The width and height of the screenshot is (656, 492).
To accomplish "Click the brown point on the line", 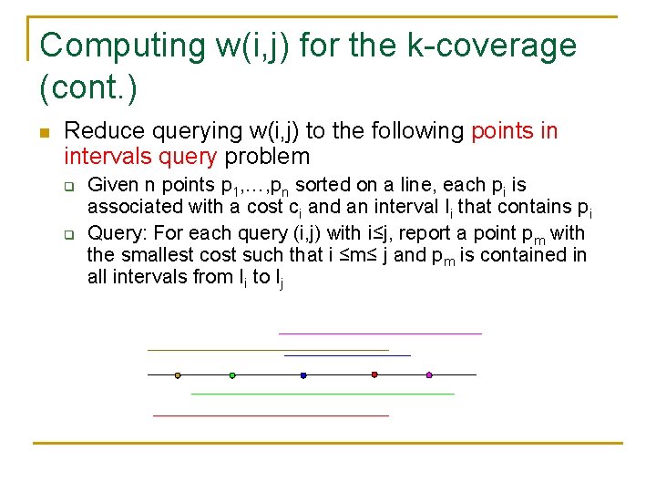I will coord(178,374).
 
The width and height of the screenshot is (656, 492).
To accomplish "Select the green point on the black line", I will coord(232,374).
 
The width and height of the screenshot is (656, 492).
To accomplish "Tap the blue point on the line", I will coord(303,374).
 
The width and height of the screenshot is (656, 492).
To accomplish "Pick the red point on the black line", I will coord(374,374).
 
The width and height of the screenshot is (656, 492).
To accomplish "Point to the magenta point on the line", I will coord(429,374).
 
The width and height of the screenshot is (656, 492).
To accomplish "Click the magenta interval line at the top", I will coord(380,333).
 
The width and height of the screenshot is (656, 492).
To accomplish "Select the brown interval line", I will coord(268,350).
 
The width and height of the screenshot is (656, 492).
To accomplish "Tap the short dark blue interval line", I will coord(347,355).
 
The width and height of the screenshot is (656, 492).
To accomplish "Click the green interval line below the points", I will coord(323,394).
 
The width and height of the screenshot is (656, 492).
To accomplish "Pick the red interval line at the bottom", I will coord(271,415).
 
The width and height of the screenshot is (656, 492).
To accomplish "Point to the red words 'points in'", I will coord(514,131).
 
